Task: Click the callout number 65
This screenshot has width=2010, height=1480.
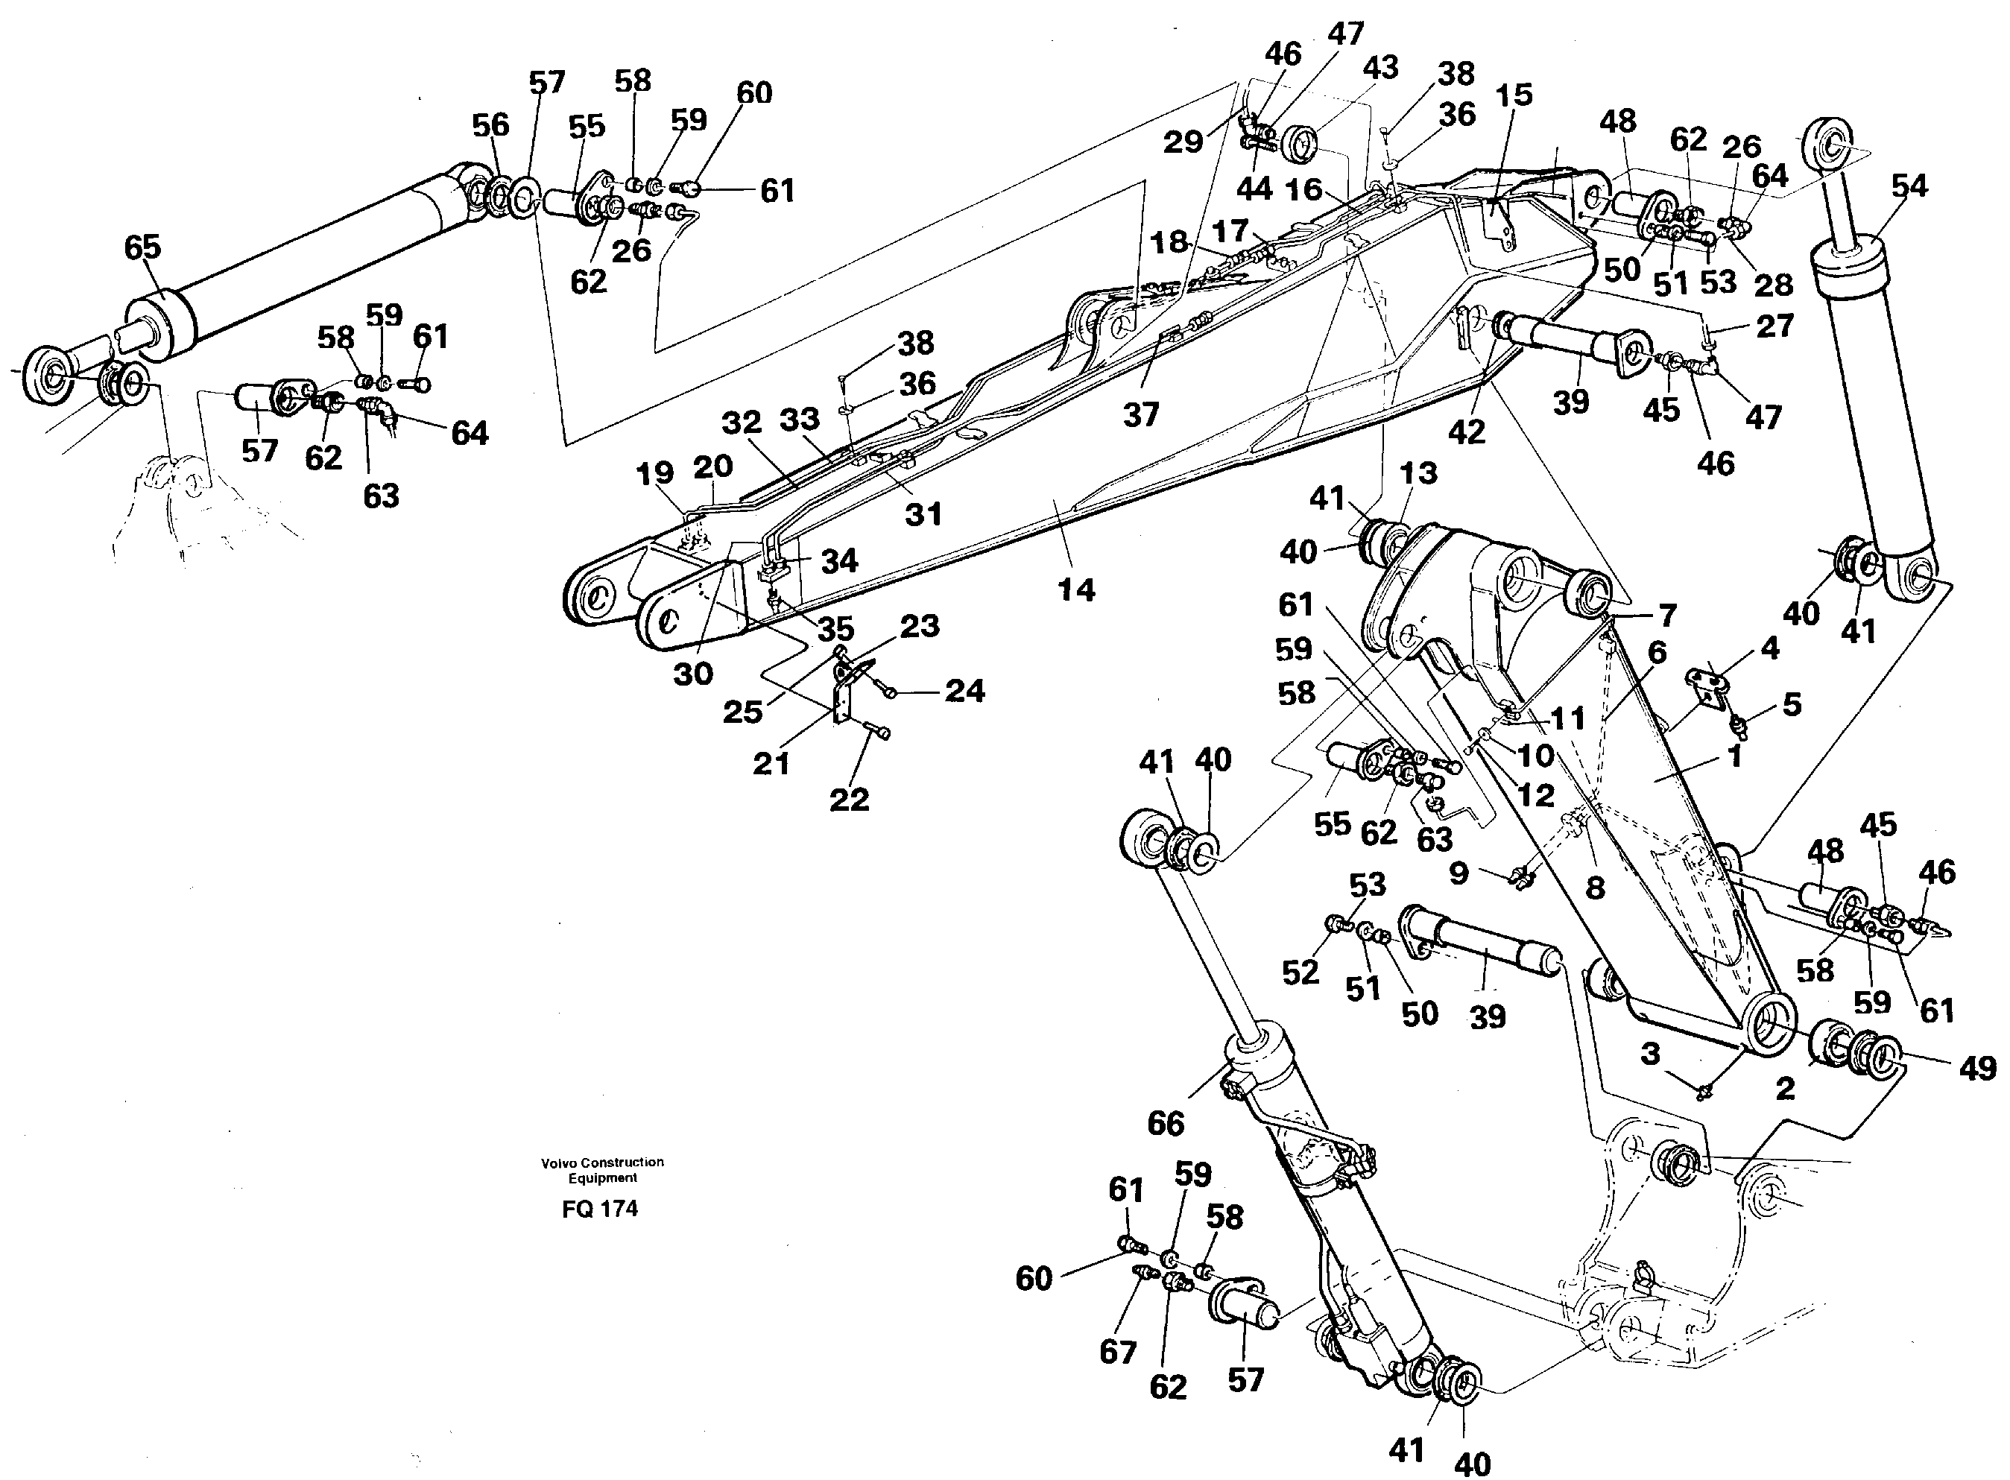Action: (x=142, y=247)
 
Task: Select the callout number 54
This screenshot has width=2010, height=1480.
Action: (x=1909, y=186)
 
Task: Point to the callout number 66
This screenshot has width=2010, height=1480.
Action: (x=1166, y=1124)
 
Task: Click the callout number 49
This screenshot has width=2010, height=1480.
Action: (x=1978, y=1068)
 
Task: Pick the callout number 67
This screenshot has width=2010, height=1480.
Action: (x=1118, y=1351)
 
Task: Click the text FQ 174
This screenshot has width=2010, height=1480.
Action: (x=599, y=1209)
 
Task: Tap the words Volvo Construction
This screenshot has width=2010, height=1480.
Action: (x=602, y=1162)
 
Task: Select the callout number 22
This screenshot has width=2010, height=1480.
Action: (x=848, y=799)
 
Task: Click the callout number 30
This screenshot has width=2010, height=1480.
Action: (x=692, y=674)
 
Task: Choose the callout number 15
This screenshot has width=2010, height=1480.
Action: (x=1514, y=95)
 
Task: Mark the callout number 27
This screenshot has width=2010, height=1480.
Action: (x=1774, y=326)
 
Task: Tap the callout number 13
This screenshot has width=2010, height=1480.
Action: (x=1418, y=472)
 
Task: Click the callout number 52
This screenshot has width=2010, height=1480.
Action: (x=1301, y=972)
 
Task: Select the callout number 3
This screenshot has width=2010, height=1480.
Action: (x=1650, y=1054)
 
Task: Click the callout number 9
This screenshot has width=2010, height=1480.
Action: (x=1458, y=872)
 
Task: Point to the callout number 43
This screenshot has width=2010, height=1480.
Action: (x=1380, y=67)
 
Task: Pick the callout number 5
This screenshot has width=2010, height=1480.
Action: (x=1792, y=704)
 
